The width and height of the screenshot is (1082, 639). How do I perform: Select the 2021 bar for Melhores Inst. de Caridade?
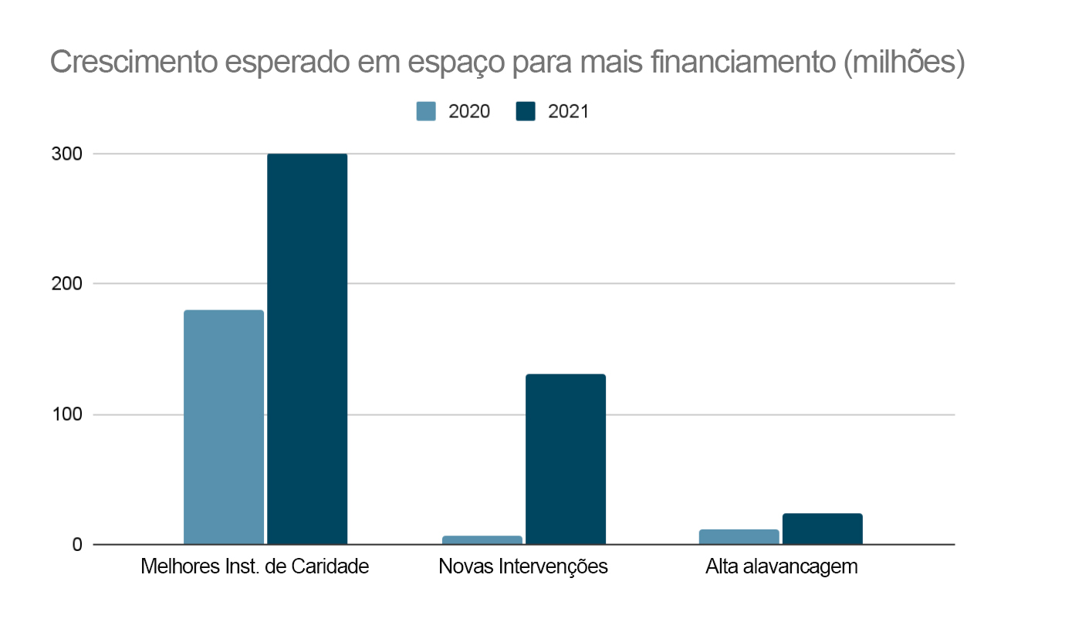[307, 349]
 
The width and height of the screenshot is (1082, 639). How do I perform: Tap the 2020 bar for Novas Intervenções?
[482, 539]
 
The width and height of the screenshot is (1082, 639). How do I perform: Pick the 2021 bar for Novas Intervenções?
[566, 459]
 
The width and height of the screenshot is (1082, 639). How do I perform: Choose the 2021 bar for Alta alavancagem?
[823, 529]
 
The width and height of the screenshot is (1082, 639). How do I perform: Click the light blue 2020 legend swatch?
[426, 111]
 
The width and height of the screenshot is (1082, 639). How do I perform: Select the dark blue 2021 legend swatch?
[526, 111]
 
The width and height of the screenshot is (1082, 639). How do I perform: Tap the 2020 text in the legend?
[469, 111]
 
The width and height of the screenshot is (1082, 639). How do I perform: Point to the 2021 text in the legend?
[568, 111]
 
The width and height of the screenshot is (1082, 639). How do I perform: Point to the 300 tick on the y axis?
[66, 154]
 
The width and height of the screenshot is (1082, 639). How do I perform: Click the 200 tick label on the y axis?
[66, 284]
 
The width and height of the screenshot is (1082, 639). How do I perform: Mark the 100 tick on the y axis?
[66, 414]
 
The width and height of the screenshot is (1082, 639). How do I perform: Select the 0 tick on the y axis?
[77, 545]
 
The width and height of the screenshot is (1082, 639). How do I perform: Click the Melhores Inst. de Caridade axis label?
[255, 566]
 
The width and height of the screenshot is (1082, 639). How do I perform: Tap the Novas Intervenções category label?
[523, 566]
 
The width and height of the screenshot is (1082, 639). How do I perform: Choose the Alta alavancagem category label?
[782, 566]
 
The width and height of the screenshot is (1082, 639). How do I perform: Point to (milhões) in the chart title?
[903, 63]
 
